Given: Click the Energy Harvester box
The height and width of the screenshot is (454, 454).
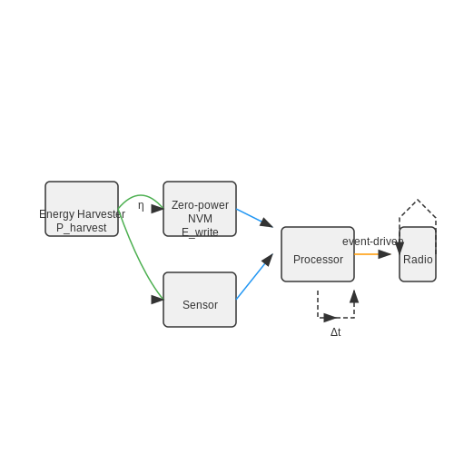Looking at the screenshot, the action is (x=82, y=209).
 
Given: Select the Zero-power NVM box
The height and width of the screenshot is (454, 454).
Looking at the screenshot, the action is (x=200, y=209).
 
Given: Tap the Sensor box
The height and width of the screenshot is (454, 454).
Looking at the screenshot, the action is (x=200, y=300).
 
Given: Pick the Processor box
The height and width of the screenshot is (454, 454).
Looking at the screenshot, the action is (x=318, y=254).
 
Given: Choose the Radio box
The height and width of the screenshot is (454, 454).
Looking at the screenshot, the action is (x=418, y=254).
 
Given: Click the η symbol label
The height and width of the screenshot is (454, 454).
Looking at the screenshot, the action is (x=141, y=206).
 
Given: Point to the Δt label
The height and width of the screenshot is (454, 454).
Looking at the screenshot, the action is (x=336, y=332).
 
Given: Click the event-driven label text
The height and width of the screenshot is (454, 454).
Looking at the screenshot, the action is (x=373, y=242).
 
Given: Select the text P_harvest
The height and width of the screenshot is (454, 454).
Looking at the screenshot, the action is (x=82, y=228).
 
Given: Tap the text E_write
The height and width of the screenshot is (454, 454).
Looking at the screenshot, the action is (x=200, y=232).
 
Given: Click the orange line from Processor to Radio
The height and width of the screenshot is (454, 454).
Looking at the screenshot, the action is (x=367, y=254).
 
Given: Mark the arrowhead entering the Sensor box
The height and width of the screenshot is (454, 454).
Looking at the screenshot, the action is (x=157, y=300).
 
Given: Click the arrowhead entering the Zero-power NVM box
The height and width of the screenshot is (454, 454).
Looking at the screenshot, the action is (x=157, y=209).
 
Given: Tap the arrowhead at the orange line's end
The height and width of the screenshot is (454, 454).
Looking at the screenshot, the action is (x=385, y=254).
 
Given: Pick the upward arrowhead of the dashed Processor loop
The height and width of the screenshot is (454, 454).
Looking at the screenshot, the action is (x=354, y=297).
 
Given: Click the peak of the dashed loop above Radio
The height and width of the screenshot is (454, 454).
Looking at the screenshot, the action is (x=418, y=200).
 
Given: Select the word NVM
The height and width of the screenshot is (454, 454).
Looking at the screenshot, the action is (x=200, y=219).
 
